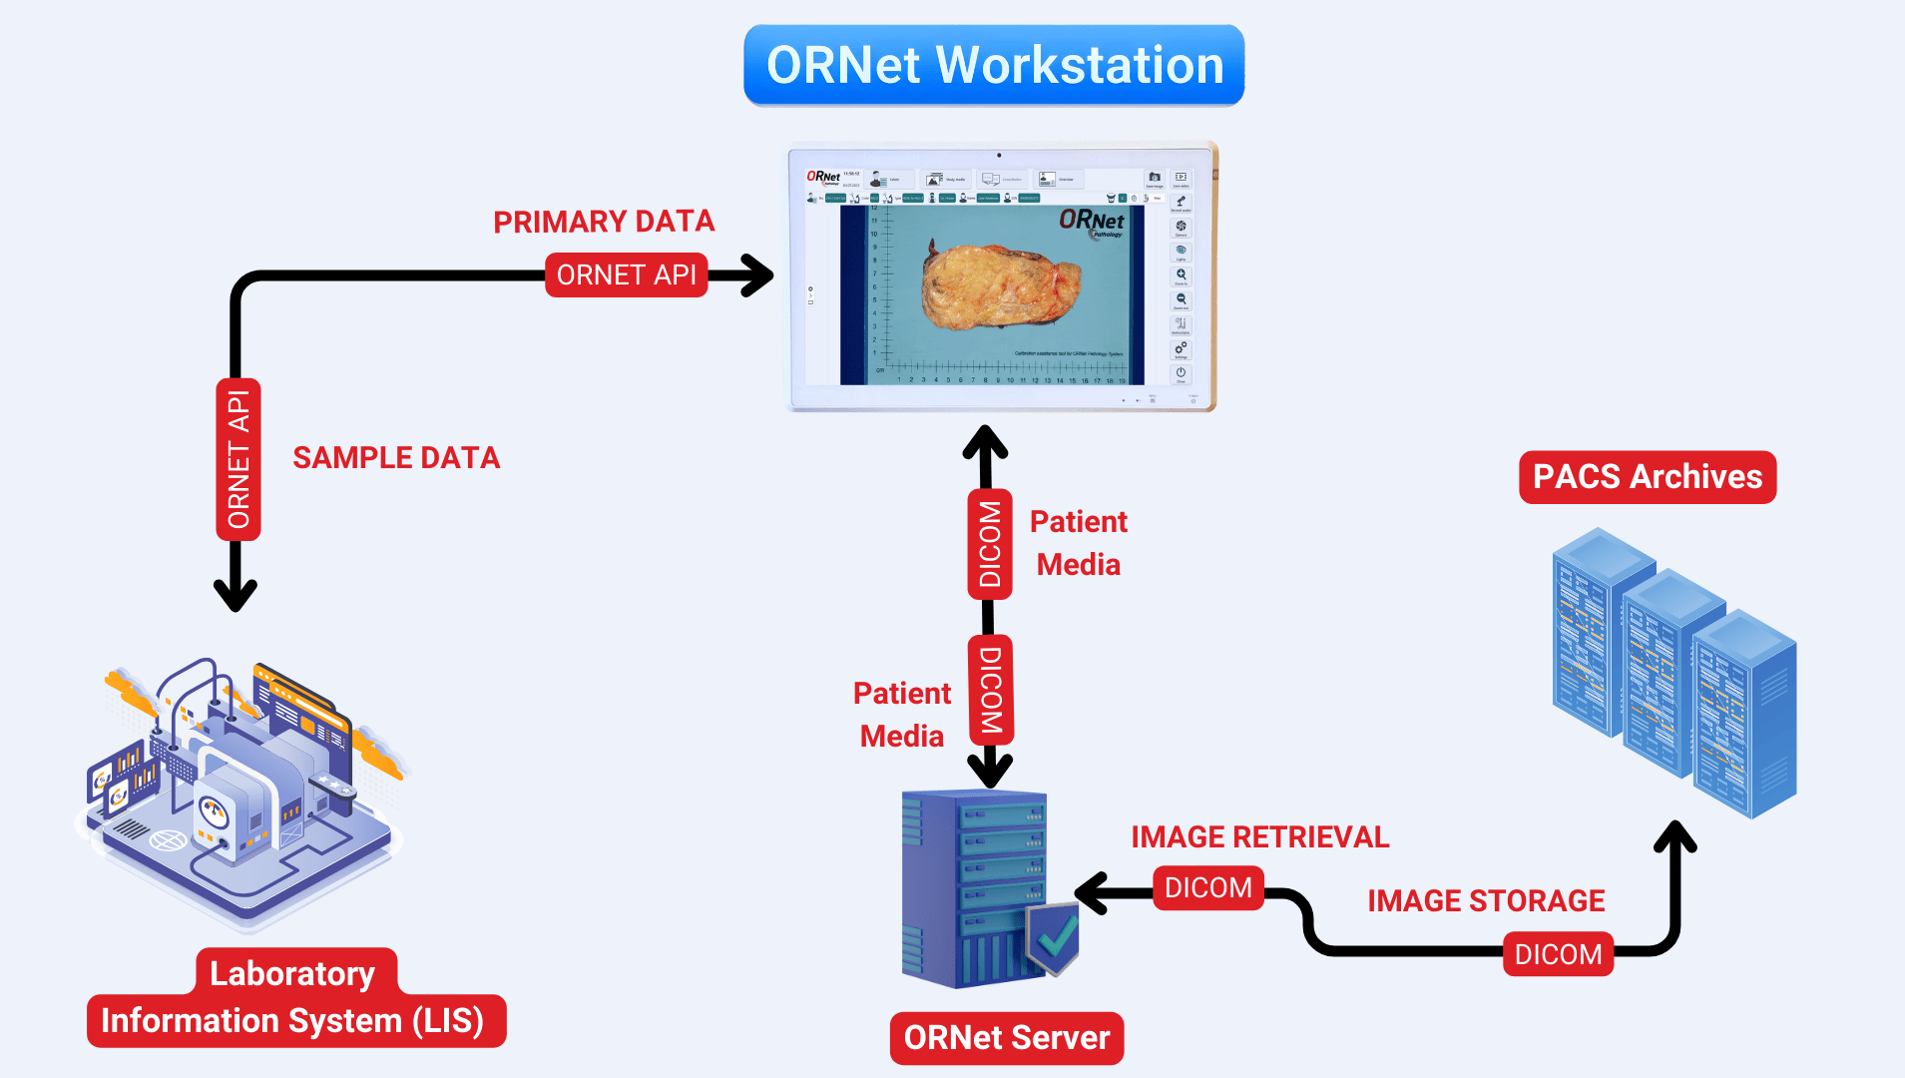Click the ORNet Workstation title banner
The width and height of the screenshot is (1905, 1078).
tap(994, 66)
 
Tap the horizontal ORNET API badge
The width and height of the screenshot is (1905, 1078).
tap(626, 275)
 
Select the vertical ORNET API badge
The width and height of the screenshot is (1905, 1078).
tap(238, 459)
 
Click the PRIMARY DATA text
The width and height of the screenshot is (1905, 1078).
tap(604, 222)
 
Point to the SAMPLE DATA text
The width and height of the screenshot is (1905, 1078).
tap(396, 458)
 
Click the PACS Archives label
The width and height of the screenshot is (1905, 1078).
tap(1647, 477)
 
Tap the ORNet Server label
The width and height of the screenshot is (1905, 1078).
tap(1006, 1038)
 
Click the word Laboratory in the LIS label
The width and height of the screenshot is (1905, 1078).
tap(292, 973)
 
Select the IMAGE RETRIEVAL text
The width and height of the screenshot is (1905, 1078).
tap(1259, 837)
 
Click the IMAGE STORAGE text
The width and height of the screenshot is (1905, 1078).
tap(1485, 901)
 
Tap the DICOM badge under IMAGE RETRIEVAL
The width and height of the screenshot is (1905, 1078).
tap(1207, 888)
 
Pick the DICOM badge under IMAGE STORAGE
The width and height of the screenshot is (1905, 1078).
tap(1557, 955)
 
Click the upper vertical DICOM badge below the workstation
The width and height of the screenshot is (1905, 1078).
tap(990, 544)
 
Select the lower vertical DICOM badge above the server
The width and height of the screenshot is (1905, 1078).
tap(990, 690)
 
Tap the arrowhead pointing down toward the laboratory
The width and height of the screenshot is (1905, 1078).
tap(236, 595)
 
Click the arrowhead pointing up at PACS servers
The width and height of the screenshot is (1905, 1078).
tap(1675, 836)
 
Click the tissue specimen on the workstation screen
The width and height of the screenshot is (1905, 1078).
tap(998, 285)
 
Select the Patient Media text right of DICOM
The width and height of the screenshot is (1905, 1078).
tap(1078, 543)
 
